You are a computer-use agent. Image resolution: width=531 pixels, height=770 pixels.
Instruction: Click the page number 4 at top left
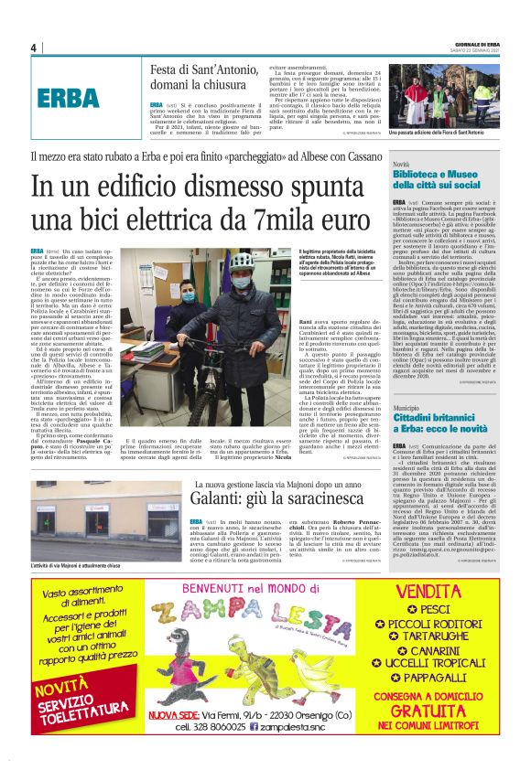pyautogui.click(x=34, y=48)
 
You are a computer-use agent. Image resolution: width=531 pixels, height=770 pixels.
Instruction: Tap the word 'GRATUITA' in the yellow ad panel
pyautogui.click(x=449, y=711)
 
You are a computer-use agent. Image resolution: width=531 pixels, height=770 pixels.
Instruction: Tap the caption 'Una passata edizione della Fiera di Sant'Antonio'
pyautogui.click(x=437, y=133)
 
